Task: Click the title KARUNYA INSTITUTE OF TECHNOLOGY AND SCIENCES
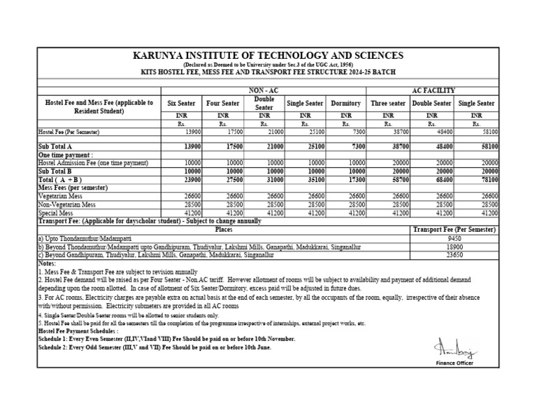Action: (268, 55)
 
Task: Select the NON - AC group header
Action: (264, 90)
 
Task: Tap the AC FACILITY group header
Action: (434, 90)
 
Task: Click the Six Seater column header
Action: (182, 104)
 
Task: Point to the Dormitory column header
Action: (346, 104)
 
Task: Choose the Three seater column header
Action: (388, 104)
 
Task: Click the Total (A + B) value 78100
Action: (487, 179)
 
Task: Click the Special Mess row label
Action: (57, 212)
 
